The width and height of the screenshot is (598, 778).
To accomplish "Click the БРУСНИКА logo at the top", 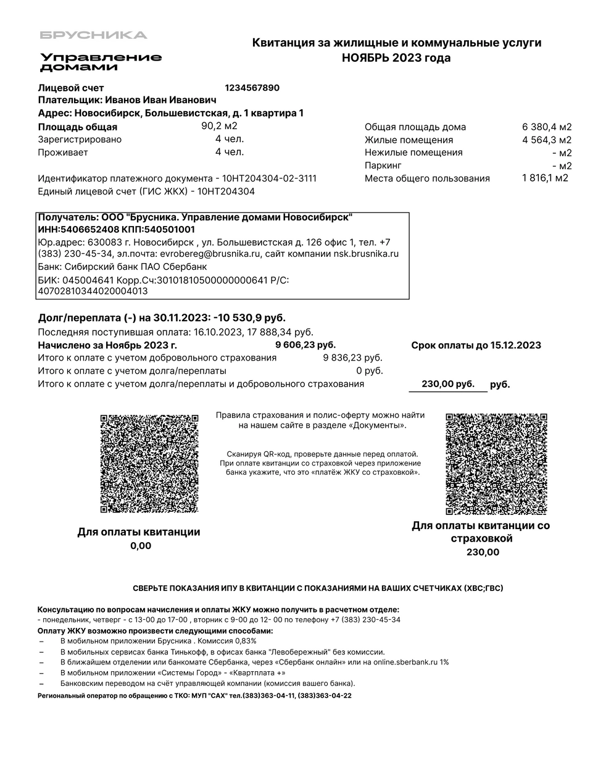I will (x=94, y=35).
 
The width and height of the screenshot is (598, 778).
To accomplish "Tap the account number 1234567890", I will (x=252, y=88).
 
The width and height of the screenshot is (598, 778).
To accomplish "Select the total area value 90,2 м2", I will (x=219, y=126).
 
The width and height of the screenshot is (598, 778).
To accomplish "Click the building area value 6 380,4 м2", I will (x=547, y=127).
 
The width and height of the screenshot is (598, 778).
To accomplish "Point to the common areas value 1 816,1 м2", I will (x=545, y=178).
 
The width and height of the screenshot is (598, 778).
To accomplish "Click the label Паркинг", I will (x=383, y=165).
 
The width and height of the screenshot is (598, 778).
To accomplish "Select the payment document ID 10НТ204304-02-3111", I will (x=268, y=178).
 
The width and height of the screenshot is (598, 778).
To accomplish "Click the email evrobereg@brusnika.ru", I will (x=210, y=254).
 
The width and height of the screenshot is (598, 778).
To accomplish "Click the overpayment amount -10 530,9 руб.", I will (x=249, y=318).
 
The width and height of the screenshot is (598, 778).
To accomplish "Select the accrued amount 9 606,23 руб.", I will (x=305, y=345).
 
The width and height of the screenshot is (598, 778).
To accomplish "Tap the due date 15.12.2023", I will (x=515, y=345).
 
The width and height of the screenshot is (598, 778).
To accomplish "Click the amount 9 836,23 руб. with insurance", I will (x=352, y=358).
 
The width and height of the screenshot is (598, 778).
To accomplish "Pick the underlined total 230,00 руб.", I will (x=447, y=384).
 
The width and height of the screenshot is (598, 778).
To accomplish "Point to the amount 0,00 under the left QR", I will (x=140, y=546).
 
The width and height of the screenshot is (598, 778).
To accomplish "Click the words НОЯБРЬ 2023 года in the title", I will (x=396, y=58).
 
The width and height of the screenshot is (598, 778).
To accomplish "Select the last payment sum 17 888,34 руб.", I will (x=280, y=332).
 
